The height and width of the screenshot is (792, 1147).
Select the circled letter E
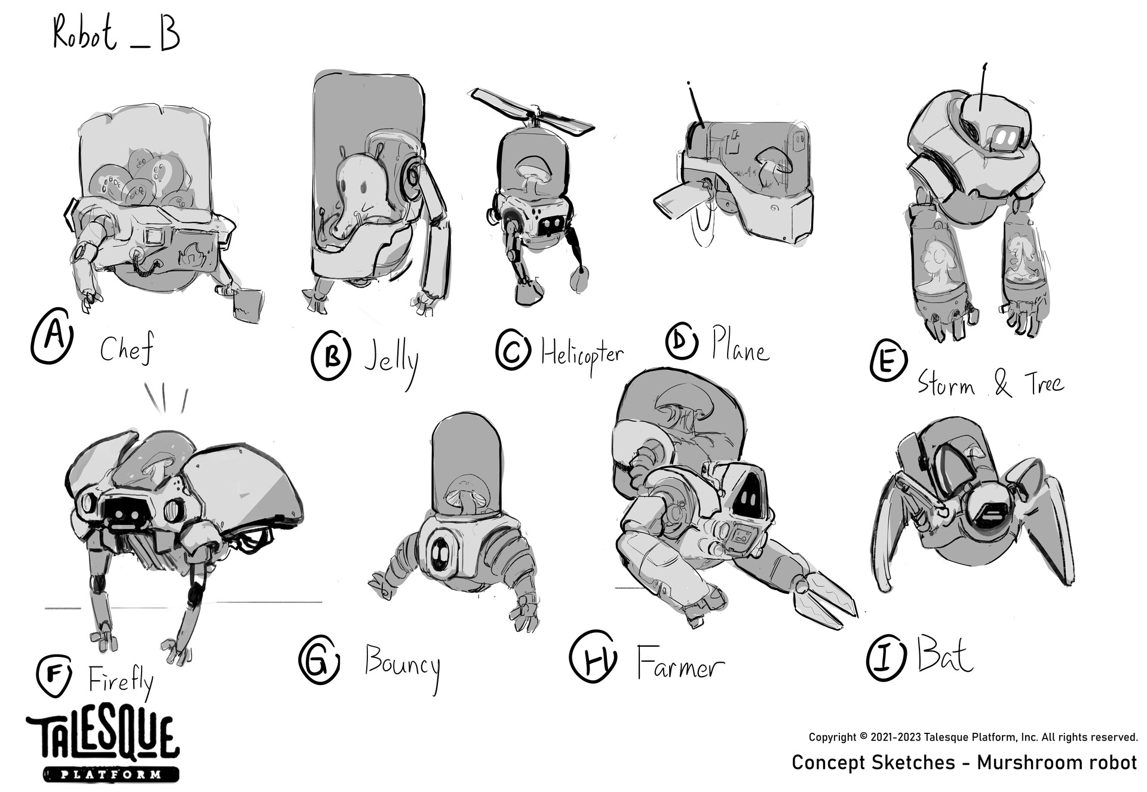click(888, 360)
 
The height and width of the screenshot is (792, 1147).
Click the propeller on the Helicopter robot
click(532, 112)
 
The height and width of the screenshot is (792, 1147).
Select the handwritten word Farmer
click(680, 662)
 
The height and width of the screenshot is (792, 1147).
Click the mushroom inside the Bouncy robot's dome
click(467, 493)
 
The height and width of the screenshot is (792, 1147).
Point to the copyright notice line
click(973, 737)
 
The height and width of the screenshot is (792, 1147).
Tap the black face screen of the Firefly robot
click(127, 512)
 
